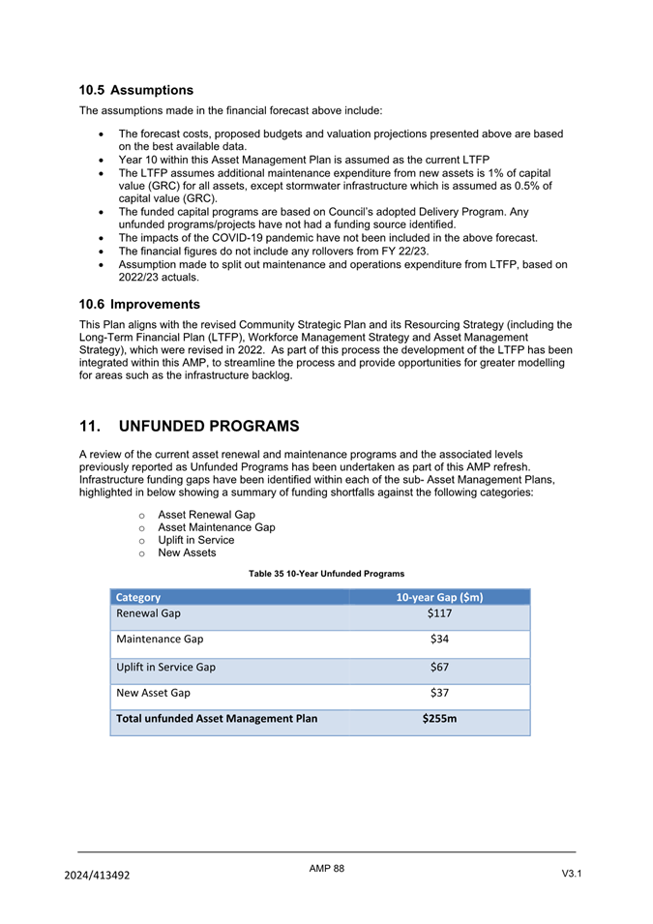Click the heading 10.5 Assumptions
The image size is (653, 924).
click(x=136, y=90)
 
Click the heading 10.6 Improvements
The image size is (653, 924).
click(x=139, y=304)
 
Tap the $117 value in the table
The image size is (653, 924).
click(x=439, y=613)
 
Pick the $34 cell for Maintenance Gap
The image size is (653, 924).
click(x=439, y=639)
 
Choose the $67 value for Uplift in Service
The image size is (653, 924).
click(x=439, y=667)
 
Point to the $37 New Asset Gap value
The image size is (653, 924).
click(x=439, y=692)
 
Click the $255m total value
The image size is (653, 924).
click(x=439, y=718)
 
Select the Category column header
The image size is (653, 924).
click(x=138, y=597)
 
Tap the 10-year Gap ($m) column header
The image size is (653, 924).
click(x=439, y=597)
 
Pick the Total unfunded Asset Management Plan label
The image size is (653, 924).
click(x=217, y=718)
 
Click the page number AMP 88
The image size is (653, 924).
click(x=326, y=869)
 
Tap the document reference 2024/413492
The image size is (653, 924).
click(x=97, y=875)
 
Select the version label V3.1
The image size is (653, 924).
click(x=571, y=874)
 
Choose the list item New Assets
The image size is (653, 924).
click(x=187, y=552)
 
